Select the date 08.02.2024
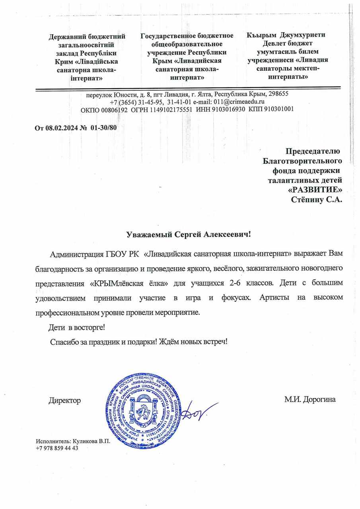tap(60, 128)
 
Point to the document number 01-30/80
tap(103, 128)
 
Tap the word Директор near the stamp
tap(64, 400)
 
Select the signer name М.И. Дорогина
tap(310, 400)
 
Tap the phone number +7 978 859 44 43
tap(57, 448)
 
